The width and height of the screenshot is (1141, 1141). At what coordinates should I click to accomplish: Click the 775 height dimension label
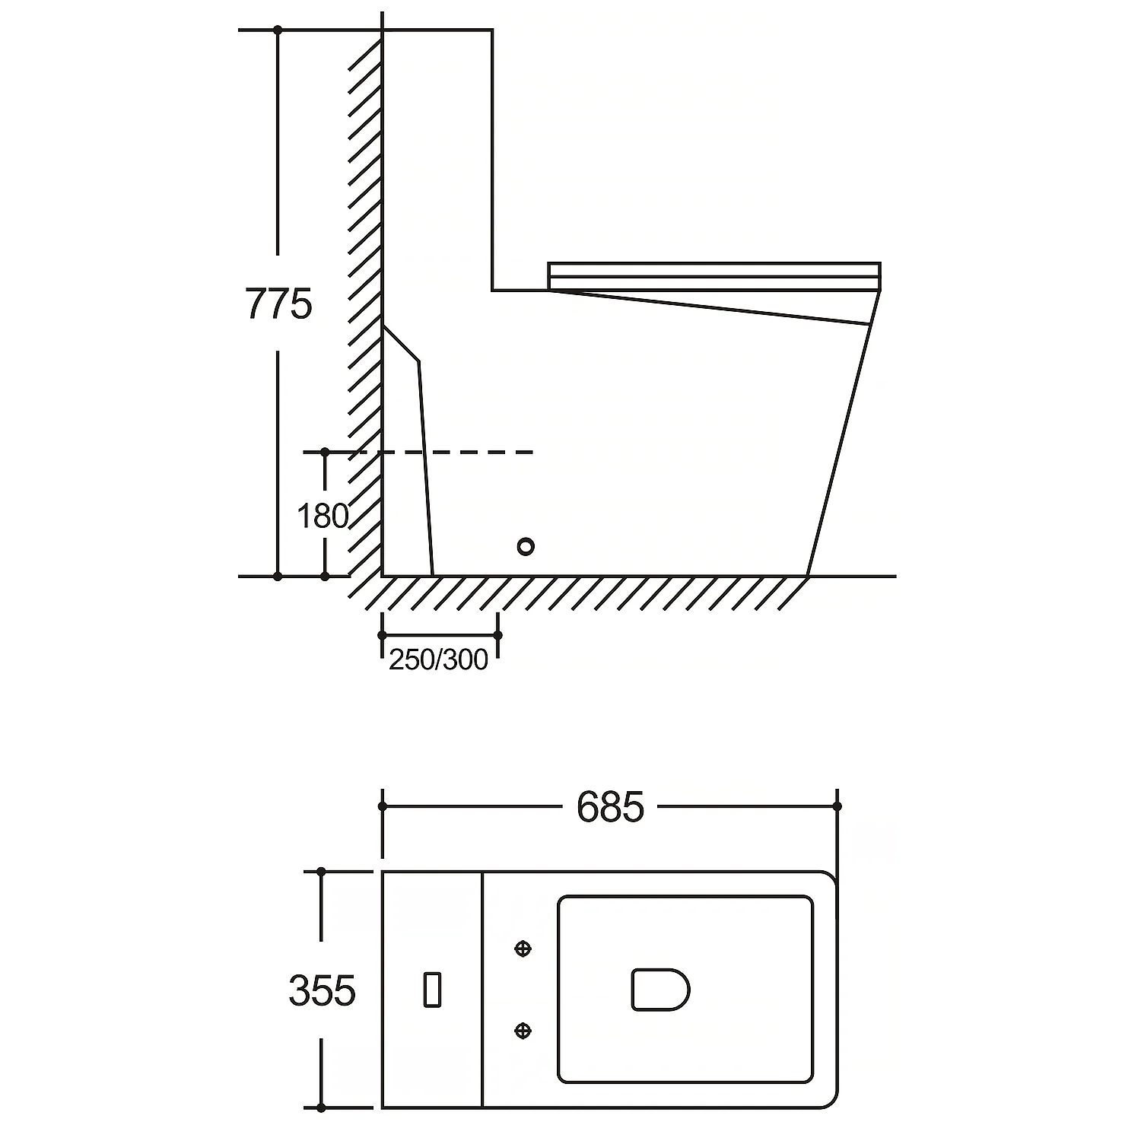tap(278, 304)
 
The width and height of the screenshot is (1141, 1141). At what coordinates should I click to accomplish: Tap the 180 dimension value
tap(322, 516)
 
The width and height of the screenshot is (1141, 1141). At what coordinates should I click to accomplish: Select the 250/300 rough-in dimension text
tap(438, 659)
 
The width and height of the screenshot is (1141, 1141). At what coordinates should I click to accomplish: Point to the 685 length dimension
tap(610, 807)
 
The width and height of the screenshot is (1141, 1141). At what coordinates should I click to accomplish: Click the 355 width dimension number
tap(322, 991)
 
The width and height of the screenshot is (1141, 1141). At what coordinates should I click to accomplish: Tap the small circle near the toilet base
tap(525, 546)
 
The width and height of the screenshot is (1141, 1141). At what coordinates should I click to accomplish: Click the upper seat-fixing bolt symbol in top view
tap(523, 949)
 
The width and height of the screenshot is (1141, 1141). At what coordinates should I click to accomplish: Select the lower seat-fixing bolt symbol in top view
tap(523, 1030)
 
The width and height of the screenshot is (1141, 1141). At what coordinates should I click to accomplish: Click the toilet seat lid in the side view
tap(714, 276)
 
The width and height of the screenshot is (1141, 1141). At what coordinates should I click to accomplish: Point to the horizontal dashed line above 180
tap(418, 453)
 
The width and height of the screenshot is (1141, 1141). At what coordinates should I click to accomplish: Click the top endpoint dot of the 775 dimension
tap(278, 30)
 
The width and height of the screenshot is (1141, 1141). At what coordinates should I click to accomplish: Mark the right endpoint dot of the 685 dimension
tap(837, 806)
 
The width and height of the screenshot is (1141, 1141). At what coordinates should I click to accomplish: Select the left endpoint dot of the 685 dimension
tap(383, 806)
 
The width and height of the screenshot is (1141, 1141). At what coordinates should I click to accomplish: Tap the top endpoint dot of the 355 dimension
tap(321, 872)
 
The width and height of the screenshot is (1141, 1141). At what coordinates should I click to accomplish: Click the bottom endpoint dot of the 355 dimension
tap(321, 1108)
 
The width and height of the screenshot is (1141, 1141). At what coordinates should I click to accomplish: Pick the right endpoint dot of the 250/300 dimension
tap(497, 635)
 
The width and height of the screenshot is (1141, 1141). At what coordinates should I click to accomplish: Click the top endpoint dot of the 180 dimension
tap(325, 453)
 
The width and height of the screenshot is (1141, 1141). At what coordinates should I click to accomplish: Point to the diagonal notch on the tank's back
tap(401, 343)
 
